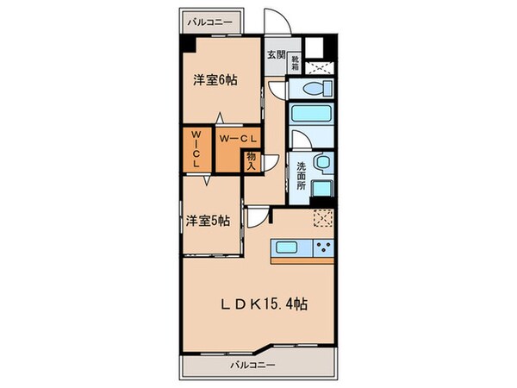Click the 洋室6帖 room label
pos(215,80)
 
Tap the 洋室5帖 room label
pos(207,220)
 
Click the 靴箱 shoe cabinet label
pos(295,61)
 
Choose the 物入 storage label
pos(251,161)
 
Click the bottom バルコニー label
pos(252,365)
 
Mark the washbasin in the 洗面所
pos(322,162)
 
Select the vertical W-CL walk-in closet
pos(196,149)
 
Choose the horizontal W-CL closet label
pos(234,138)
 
